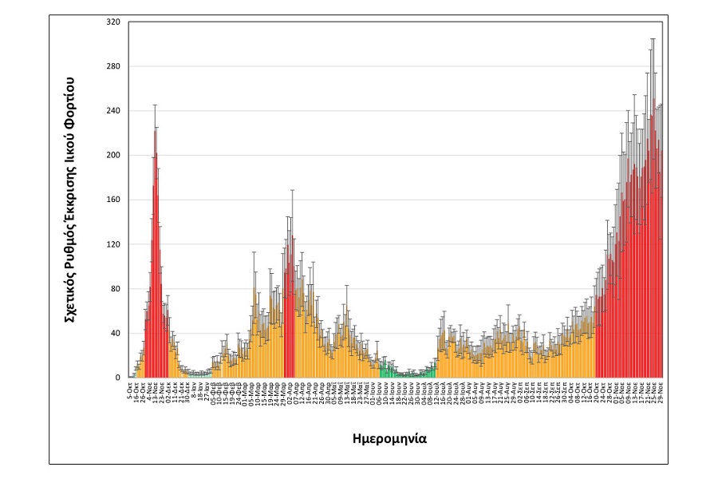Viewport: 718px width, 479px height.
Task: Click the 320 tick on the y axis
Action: [x=112, y=22]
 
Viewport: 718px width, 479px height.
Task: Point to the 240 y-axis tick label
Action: [x=112, y=110]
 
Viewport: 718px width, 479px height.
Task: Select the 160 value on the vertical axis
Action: [x=112, y=200]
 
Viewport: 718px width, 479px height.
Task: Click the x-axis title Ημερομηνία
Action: [x=389, y=438]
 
